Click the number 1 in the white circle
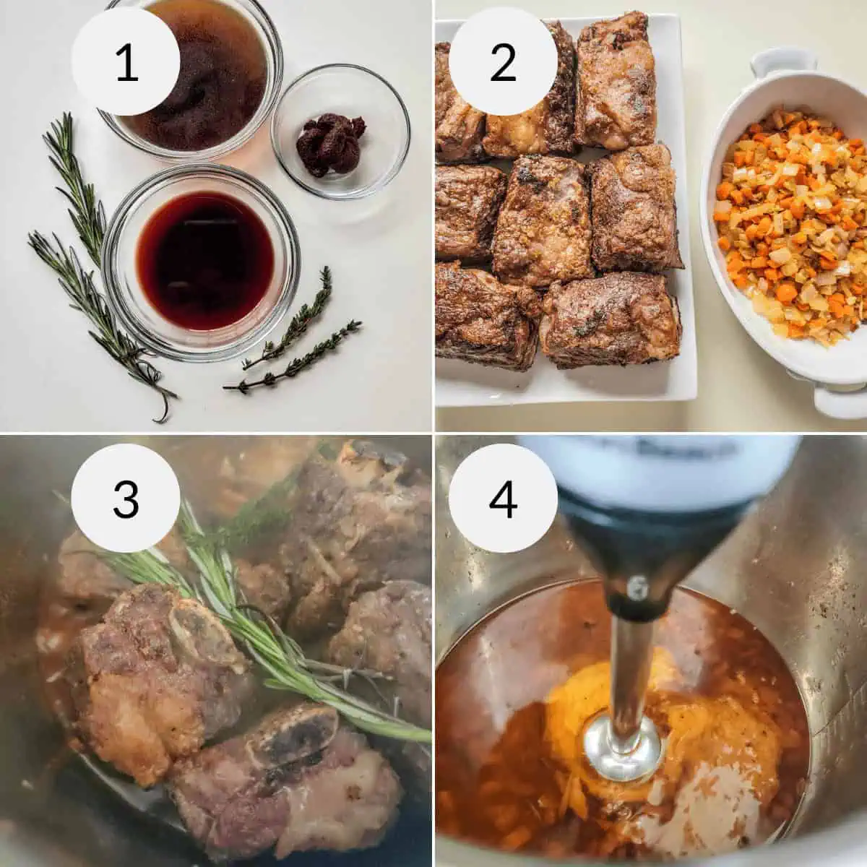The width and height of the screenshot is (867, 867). [x=126, y=63]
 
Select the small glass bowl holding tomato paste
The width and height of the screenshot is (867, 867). [x=340, y=130]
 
